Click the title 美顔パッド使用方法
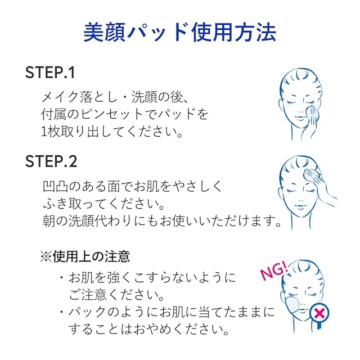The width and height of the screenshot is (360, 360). (x=179, y=32)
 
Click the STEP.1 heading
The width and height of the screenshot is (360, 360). (x=50, y=73)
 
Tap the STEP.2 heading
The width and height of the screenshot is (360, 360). (x=51, y=161)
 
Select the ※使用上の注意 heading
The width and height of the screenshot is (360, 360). (x=85, y=256)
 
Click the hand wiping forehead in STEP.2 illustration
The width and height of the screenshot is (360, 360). (x=318, y=186)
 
